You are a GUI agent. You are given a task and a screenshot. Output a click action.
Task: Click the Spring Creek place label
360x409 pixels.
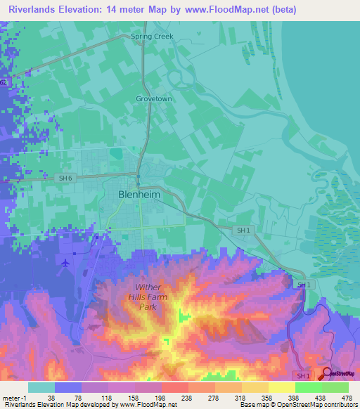point(152,37)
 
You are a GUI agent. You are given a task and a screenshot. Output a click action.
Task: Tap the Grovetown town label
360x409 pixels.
point(154,99)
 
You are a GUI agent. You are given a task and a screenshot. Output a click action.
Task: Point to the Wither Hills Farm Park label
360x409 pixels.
point(148,297)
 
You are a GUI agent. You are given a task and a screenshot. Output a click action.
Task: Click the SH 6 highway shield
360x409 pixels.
point(65,178)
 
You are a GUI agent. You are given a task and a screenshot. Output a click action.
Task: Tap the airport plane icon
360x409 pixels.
point(66,263)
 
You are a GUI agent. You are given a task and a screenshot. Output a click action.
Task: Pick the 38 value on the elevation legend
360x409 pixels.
point(51,397)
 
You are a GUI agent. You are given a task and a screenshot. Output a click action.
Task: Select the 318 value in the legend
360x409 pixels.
point(240,397)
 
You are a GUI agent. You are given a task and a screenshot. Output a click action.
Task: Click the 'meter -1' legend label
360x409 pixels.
point(14,397)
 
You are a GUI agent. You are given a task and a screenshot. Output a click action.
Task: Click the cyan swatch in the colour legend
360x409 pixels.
point(41,387)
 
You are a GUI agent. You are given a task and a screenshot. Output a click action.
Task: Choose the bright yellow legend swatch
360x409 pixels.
point(281,387)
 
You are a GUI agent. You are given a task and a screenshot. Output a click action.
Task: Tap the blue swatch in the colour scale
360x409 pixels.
point(67,387)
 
